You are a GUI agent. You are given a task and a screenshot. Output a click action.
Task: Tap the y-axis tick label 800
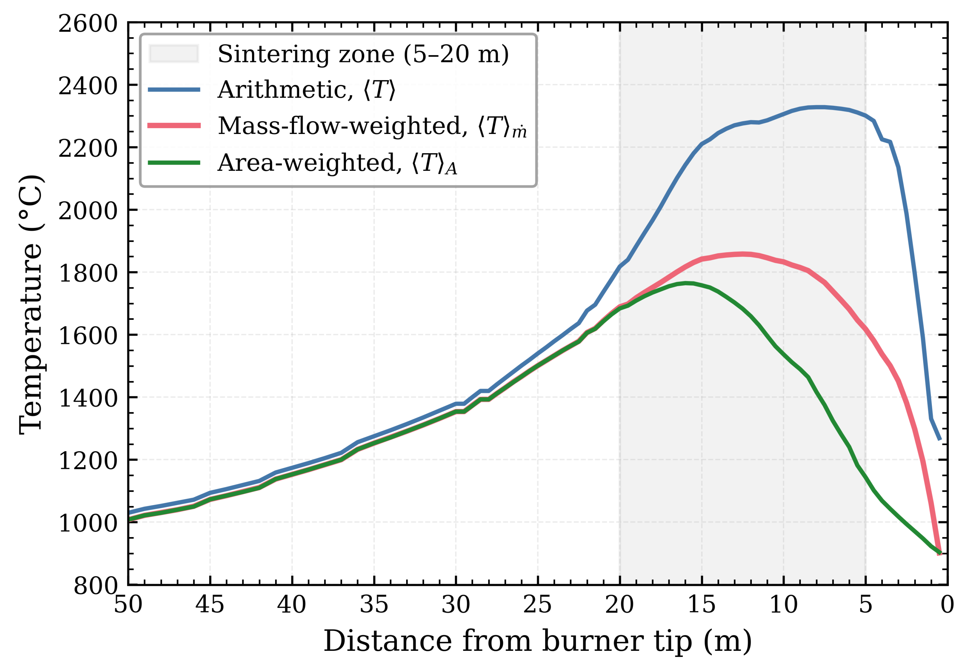96,585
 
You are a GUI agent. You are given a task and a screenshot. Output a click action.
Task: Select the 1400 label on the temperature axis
88,398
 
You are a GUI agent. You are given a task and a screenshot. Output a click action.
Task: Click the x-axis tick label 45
210,605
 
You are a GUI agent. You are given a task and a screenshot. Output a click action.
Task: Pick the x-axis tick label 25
538,605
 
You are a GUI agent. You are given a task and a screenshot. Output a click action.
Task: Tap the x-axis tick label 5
866,605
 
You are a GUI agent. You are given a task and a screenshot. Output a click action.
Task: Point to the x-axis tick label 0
947,605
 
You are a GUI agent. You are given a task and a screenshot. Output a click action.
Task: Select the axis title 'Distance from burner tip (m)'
538,642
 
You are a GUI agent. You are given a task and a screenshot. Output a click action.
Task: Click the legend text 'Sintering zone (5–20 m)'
363,54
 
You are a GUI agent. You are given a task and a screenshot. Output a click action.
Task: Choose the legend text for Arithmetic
306,90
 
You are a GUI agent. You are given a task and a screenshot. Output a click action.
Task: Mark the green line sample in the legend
174,162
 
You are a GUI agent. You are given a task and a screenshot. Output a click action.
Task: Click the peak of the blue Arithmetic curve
817,107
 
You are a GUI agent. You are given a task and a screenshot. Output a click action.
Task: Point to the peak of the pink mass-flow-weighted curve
742,254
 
